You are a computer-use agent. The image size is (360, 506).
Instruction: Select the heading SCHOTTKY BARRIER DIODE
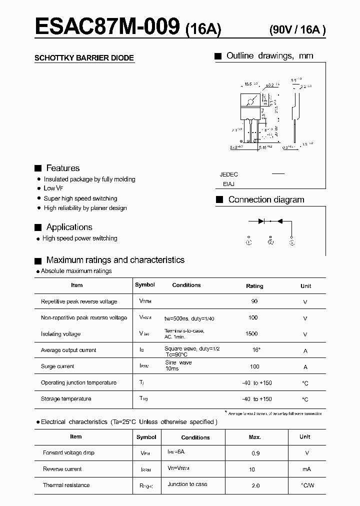pos(84,58)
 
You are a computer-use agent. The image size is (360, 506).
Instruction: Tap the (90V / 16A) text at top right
pos(297,29)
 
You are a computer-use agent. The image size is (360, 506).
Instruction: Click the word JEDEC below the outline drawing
pos(228,174)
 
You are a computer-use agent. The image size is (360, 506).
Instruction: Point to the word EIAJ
pos(229,184)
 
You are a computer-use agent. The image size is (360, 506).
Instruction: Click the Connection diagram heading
pos(266,199)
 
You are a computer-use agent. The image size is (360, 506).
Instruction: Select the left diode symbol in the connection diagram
pos(260,220)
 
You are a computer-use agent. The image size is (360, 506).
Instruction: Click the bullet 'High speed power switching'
pos(80,238)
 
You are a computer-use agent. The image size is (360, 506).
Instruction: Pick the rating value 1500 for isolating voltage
pos(252,333)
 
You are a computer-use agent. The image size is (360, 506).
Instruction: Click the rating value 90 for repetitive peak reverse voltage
pos(254,301)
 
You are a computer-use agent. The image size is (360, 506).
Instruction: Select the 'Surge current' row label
pos(57,366)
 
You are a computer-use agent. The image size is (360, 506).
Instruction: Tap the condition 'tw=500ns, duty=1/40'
pos(189,318)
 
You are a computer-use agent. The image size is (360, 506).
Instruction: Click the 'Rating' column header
pos(254,286)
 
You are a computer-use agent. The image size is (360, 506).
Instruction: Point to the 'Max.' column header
pos(254,437)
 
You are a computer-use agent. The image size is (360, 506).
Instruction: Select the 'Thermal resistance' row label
pos(66,485)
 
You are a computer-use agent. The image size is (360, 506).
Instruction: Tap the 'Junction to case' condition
pos(187,484)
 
